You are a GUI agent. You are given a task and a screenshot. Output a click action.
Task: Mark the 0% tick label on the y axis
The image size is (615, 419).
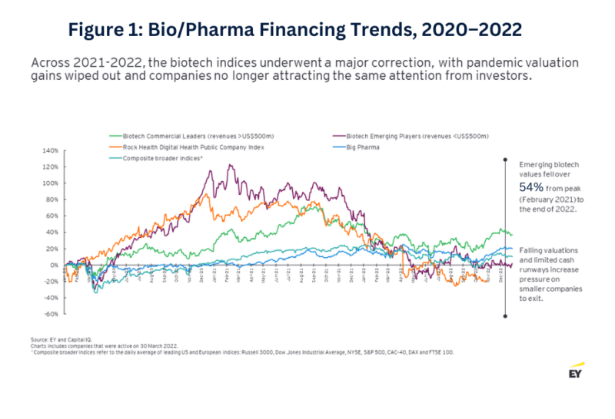53,266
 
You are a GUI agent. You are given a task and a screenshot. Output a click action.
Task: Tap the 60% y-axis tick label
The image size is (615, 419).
51,216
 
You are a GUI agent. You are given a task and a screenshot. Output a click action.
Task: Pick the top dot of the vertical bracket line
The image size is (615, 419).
504,160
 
